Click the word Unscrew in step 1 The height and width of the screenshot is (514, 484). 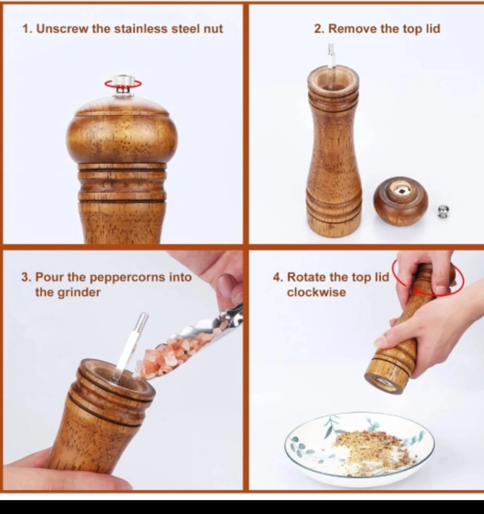[62, 29]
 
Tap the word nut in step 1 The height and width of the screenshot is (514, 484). [213, 29]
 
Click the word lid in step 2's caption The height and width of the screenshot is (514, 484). [433, 29]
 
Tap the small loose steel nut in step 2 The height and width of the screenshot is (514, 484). [444, 211]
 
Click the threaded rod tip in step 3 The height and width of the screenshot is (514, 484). [143, 322]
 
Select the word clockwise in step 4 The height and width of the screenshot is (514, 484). [316, 292]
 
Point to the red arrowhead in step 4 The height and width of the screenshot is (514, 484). [416, 290]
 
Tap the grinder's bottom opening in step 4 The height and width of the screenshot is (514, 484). [384, 381]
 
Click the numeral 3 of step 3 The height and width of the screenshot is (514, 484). [25, 277]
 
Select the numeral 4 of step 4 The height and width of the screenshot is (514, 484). [277, 277]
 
